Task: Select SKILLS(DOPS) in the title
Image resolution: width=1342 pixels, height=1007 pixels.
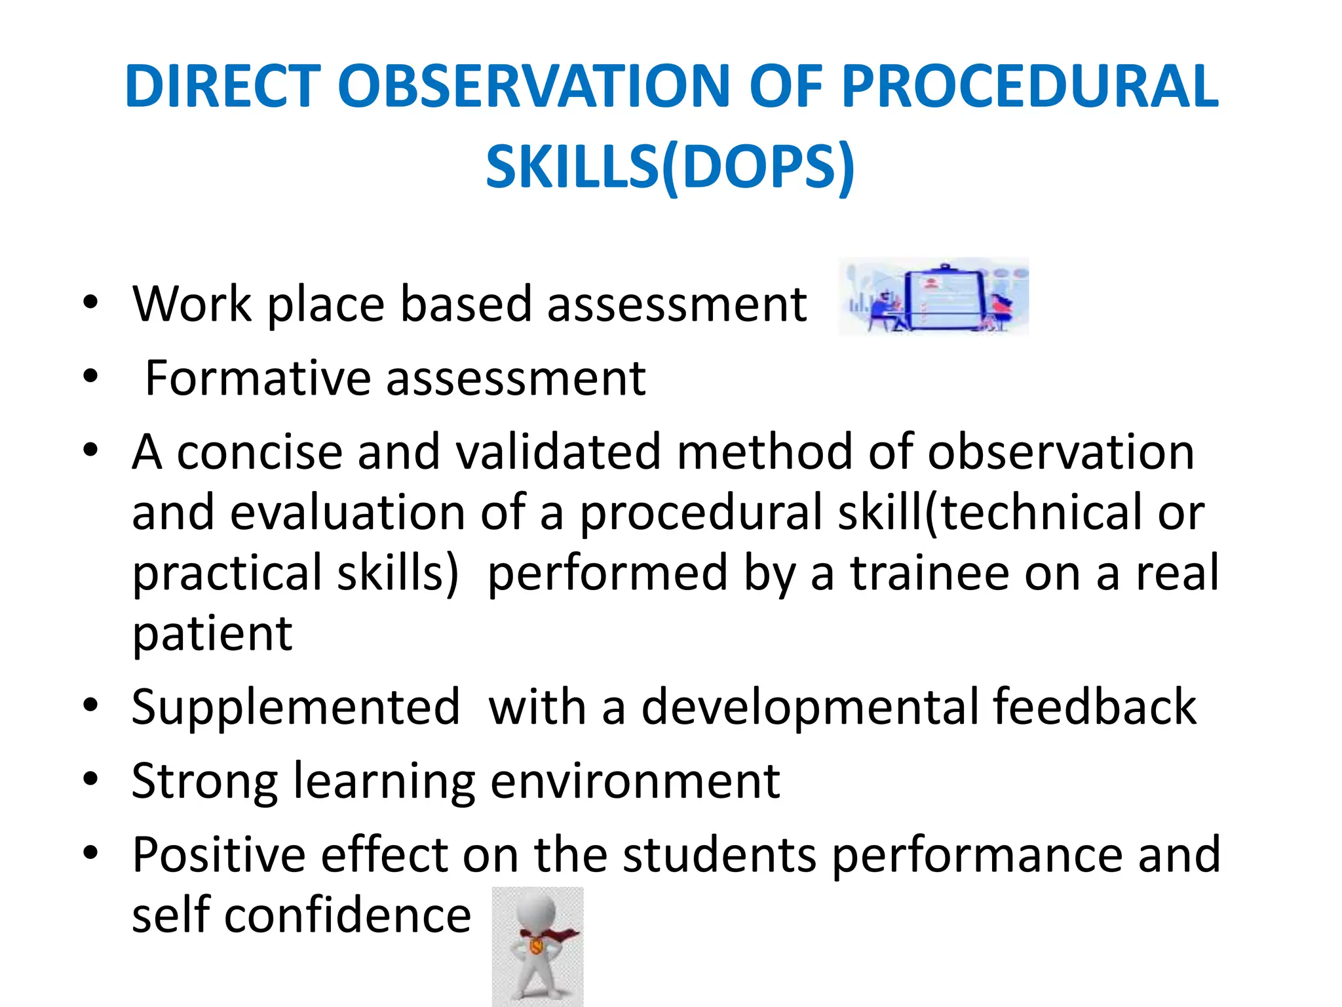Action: click(x=670, y=167)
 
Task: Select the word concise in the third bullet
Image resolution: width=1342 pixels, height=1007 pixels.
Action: click(x=259, y=452)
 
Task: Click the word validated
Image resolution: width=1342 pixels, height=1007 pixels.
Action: click(x=558, y=452)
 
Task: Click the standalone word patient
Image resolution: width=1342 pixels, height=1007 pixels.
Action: click(x=212, y=634)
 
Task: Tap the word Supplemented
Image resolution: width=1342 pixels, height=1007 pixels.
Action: click(x=296, y=707)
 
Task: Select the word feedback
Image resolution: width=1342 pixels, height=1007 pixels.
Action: click(x=1094, y=707)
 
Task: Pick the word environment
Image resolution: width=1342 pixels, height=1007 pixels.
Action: click(x=634, y=781)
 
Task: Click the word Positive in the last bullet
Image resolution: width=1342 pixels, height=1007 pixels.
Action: click(x=218, y=855)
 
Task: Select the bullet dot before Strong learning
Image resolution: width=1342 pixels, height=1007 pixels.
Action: click(x=90, y=780)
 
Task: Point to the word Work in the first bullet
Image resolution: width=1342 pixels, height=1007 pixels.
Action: click(x=192, y=304)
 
